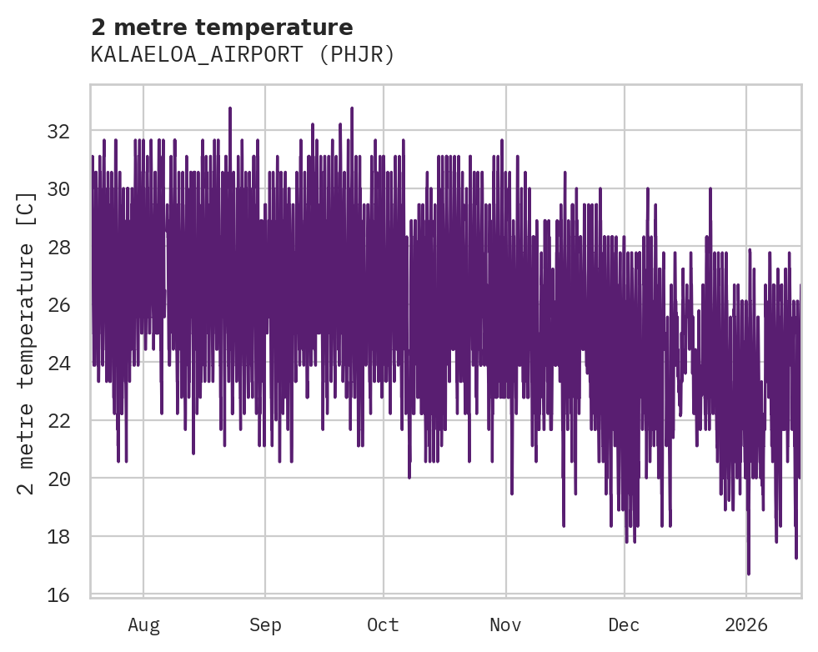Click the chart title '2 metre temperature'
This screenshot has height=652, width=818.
click(222, 28)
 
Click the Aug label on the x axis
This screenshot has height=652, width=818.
click(143, 624)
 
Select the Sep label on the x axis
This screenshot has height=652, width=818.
click(265, 624)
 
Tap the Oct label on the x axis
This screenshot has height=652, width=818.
click(383, 624)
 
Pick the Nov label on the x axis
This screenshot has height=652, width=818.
click(505, 624)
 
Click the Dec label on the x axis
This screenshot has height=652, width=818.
click(624, 624)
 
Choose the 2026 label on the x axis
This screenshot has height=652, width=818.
click(745, 624)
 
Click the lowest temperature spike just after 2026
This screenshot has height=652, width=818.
click(749, 572)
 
